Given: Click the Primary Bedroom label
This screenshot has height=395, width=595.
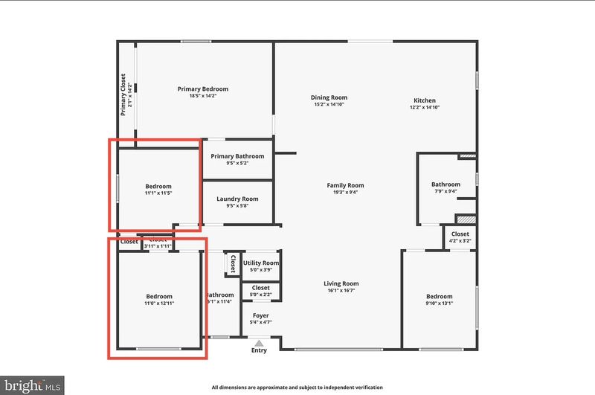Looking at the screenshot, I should tap(202, 89).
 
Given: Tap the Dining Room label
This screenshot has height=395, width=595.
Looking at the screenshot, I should tap(329, 97).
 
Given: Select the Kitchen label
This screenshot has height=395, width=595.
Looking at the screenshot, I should tap(425, 100).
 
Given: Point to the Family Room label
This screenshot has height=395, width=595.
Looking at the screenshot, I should tap(345, 185).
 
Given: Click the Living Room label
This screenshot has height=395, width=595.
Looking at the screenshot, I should tap(341, 283).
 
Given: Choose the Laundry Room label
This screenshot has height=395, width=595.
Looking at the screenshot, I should tap(237, 199).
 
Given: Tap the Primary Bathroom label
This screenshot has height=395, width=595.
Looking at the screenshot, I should tap(237, 156).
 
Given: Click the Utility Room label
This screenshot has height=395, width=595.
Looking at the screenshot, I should tap(261, 263).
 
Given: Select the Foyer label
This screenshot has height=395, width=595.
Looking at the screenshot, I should tap(260, 315).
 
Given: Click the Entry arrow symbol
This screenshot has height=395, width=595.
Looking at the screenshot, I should tap(259, 343).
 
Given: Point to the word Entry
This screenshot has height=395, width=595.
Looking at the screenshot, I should tap(259, 351).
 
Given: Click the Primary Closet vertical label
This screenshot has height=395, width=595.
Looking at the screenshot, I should tap(124, 94).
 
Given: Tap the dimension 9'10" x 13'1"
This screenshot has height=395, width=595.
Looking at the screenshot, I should tap(438, 303).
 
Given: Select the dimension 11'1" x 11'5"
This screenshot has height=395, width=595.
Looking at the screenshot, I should tap(158, 193).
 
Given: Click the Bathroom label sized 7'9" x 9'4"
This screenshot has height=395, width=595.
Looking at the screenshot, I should tap(446, 184).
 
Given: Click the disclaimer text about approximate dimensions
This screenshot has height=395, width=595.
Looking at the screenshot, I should tap(297, 388).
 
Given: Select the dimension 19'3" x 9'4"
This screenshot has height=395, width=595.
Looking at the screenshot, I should tap(345, 193).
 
